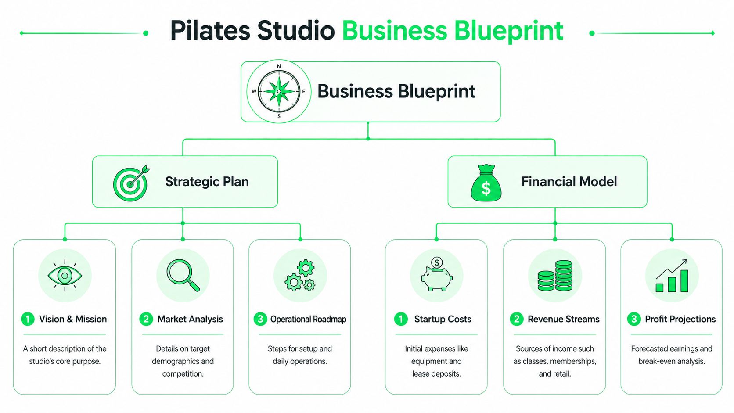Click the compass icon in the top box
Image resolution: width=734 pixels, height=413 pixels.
coord(279,91)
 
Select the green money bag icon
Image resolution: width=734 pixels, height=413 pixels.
coord(486,183)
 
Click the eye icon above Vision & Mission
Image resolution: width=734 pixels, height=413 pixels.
coord(65,276)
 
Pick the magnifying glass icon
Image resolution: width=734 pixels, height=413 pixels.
coord(183,276)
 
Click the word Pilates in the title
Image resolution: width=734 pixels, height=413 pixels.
coord(210,31)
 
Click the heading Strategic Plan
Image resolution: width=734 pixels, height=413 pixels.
coord(207,182)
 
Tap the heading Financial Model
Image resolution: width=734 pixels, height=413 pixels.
coord(569,182)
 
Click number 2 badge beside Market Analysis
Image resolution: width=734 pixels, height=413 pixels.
coord(146,319)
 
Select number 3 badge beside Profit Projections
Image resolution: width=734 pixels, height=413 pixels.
coord(633,319)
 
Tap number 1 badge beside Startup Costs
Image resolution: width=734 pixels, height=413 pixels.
coord(400,319)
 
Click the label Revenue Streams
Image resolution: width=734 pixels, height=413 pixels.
coord(563,319)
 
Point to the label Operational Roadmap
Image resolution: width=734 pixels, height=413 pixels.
coord(308,319)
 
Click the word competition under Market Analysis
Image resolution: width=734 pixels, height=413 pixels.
coord(183,374)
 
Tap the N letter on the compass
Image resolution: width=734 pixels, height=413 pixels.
coord(279,66)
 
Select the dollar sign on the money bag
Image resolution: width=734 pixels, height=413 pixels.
coord(486,189)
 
